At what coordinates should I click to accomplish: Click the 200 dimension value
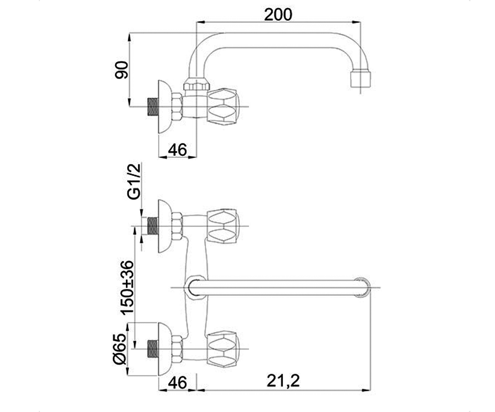click(278, 15)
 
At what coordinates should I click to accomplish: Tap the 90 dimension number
click(121, 70)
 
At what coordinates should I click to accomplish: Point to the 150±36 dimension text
click(127, 288)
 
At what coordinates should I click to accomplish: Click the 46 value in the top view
click(177, 150)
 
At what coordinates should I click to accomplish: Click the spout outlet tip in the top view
click(361, 79)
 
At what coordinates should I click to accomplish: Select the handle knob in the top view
click(223, 107)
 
